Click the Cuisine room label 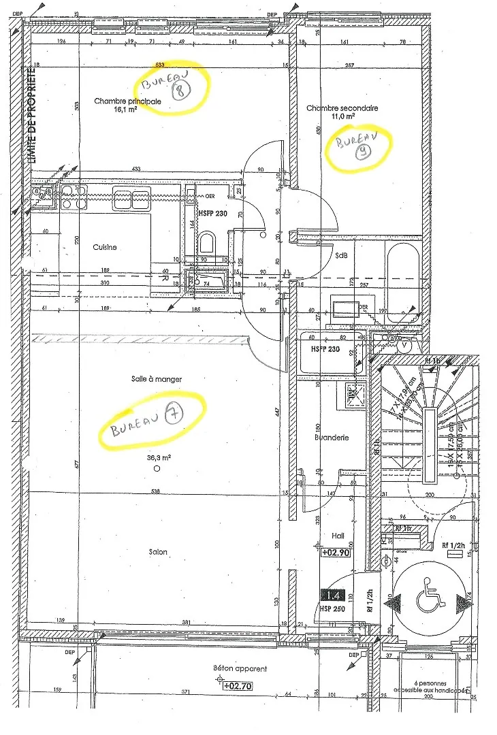tap(105, 248)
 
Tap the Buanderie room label tap(332, 438)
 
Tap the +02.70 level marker tap(238, 687)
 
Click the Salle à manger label tap(157, 378)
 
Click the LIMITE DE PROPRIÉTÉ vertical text tap(31, 116)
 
